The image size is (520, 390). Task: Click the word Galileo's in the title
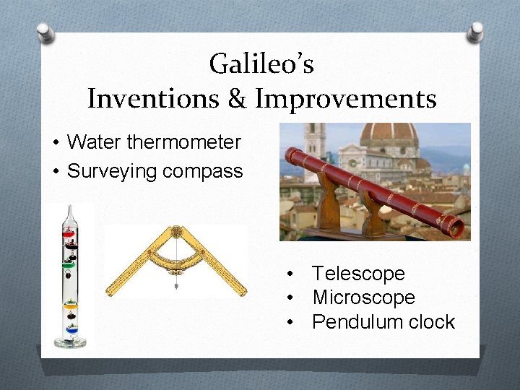(x=261, y=65)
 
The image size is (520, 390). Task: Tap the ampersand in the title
(x=238, y=99)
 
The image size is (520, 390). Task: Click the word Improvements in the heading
(x=345, y=99)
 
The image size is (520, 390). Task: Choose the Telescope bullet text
(x=358, y=274)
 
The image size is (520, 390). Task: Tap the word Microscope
(x=363, y=298)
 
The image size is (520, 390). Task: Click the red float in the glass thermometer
(x=69, y=233)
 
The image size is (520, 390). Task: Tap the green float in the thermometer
(x=69, y=265)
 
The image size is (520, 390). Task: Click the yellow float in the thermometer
(x=70, y=305)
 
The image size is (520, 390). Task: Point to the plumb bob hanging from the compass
(x=175, y=286)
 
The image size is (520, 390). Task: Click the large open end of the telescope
(x=456, y=228)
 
